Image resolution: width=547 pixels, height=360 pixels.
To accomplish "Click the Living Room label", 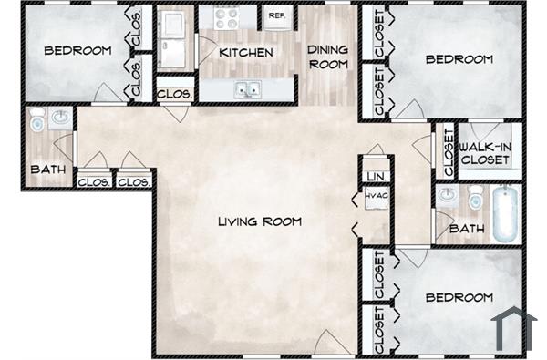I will (x=259, y=221).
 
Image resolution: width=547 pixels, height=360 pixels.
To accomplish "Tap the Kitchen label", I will (x=245, y=53).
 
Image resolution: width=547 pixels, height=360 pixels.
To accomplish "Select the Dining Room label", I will (x=327, y=57).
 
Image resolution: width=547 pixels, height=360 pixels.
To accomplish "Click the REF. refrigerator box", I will (x=275, y=16).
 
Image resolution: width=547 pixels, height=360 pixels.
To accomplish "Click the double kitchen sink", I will (x=246, y=89).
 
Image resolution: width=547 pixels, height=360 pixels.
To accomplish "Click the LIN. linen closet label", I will (x=375, y=175).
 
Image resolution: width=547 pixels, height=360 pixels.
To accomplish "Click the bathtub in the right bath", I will (x=506, y=214).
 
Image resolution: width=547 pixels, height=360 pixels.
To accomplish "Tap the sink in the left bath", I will (x=60, y=118).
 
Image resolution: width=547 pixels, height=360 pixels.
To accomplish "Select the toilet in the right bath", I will (x=474, y=197).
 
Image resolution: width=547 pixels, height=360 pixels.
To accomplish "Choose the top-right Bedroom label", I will (x=459, y=59).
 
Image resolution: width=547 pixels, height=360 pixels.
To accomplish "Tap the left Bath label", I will (x=46, y=169).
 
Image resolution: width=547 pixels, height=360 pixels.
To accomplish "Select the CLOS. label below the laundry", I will (x=173, y=94).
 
